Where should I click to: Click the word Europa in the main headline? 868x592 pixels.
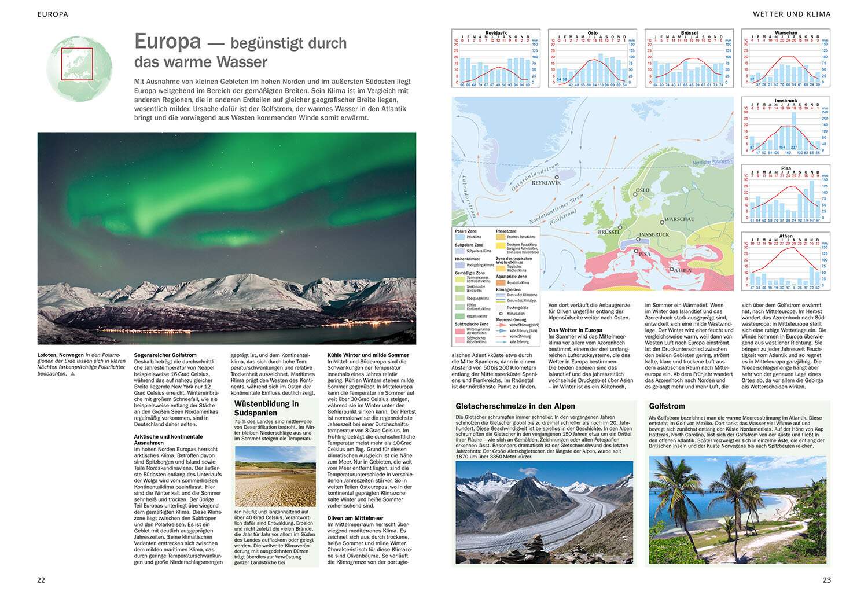tap(168, 42)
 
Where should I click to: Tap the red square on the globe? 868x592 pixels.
tap(77, 64)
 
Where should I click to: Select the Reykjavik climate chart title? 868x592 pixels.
tap(496, 33)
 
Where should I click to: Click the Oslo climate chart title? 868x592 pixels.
tap(593, 33)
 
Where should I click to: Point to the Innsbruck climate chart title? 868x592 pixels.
tap(786, 101)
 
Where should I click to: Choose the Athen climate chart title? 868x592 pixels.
tap(786, 236)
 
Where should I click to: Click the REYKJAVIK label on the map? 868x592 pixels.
tap(546, 183)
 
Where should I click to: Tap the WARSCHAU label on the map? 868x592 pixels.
tap(679, 220)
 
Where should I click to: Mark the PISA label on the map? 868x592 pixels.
tap(644, 254)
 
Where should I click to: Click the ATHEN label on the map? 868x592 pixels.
tap(681, 270)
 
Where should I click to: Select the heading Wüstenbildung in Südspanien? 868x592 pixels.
tap(266, 408)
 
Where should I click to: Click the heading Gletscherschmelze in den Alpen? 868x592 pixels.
tap(515, 406)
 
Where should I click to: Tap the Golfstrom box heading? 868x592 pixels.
tap(667, 406)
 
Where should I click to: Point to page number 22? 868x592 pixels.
tap(41, 580)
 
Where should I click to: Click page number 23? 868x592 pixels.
tap(826, 580)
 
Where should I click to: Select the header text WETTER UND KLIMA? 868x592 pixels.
tap(791, 14)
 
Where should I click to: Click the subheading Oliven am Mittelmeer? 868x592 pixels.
tap(355, 518)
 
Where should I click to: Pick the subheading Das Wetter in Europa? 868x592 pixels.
tap(575, 330)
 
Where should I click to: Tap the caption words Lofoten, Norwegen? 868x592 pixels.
tap(60, 355)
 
